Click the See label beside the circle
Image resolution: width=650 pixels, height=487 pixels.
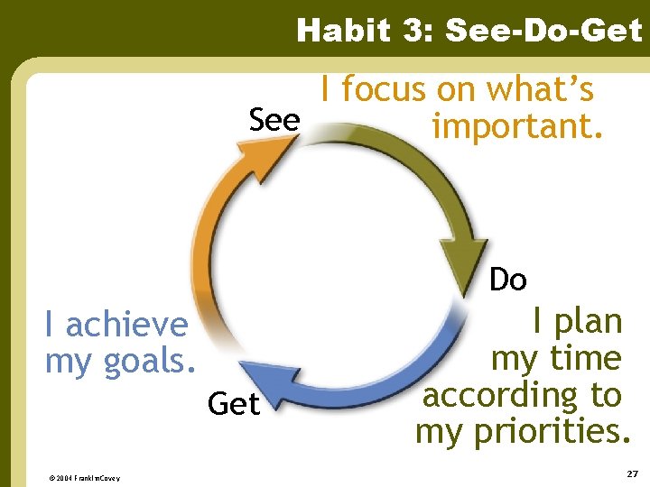pyautogui.click(x=274, y=120)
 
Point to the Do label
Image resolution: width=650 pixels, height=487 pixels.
pyautogui.click(x=507, y=280)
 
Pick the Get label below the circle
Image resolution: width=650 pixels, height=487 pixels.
pyautogui.click(x=233, y=405)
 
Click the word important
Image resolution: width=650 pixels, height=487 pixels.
pyautogui.click(x=517, y=127)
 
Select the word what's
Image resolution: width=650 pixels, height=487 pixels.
pyautogui.click(x=541, y=89)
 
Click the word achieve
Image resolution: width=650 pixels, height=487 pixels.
pyautogui.click(x=127, y=324)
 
